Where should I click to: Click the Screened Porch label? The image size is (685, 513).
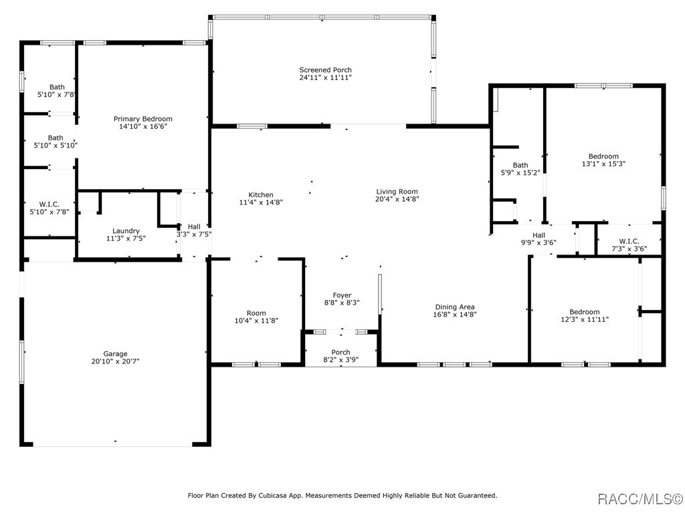(x=326, y=69)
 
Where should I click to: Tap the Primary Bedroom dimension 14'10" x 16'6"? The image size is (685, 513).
(x=143, y=126)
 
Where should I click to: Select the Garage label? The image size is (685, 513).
(x=115, y=354)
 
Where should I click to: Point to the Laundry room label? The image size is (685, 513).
(x=126, y=230)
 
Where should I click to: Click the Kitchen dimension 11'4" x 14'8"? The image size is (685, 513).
(x=261, y=202)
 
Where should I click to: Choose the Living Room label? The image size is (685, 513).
(x=397, y=192)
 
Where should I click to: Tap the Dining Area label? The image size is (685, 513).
(x=455, y=307)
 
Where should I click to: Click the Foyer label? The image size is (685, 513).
(x=342, y=295)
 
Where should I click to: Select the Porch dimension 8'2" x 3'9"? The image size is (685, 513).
(x=340, y=360)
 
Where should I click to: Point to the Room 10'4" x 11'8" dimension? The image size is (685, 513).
(x=256, y=321)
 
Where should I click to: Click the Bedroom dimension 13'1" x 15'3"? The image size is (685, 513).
(x=604, y=164)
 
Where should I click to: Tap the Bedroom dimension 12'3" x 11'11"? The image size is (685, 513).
(x=585, y=319)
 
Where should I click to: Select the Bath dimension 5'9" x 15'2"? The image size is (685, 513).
(x=520, y=173)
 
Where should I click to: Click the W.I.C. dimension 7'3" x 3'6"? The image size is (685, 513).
(x=629, y=249)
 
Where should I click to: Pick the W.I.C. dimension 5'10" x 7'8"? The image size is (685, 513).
(x=50, y=212)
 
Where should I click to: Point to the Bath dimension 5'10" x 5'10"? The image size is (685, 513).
(x=56, y=145)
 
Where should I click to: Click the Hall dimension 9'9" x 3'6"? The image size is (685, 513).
(x=539, y=243)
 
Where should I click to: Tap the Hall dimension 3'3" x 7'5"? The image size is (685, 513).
(x=194, y=234)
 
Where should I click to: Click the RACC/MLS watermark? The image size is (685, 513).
(x=640, y=498)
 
